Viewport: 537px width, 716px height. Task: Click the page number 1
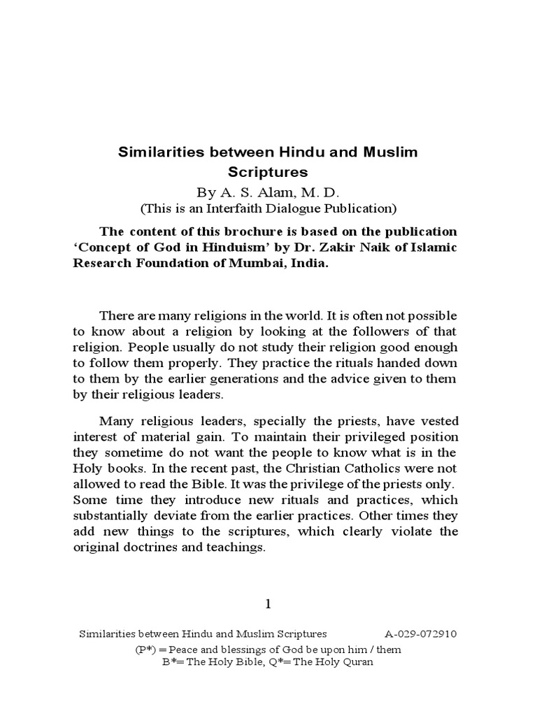(268, 603)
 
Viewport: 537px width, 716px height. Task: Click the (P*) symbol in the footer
(145, 650)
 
